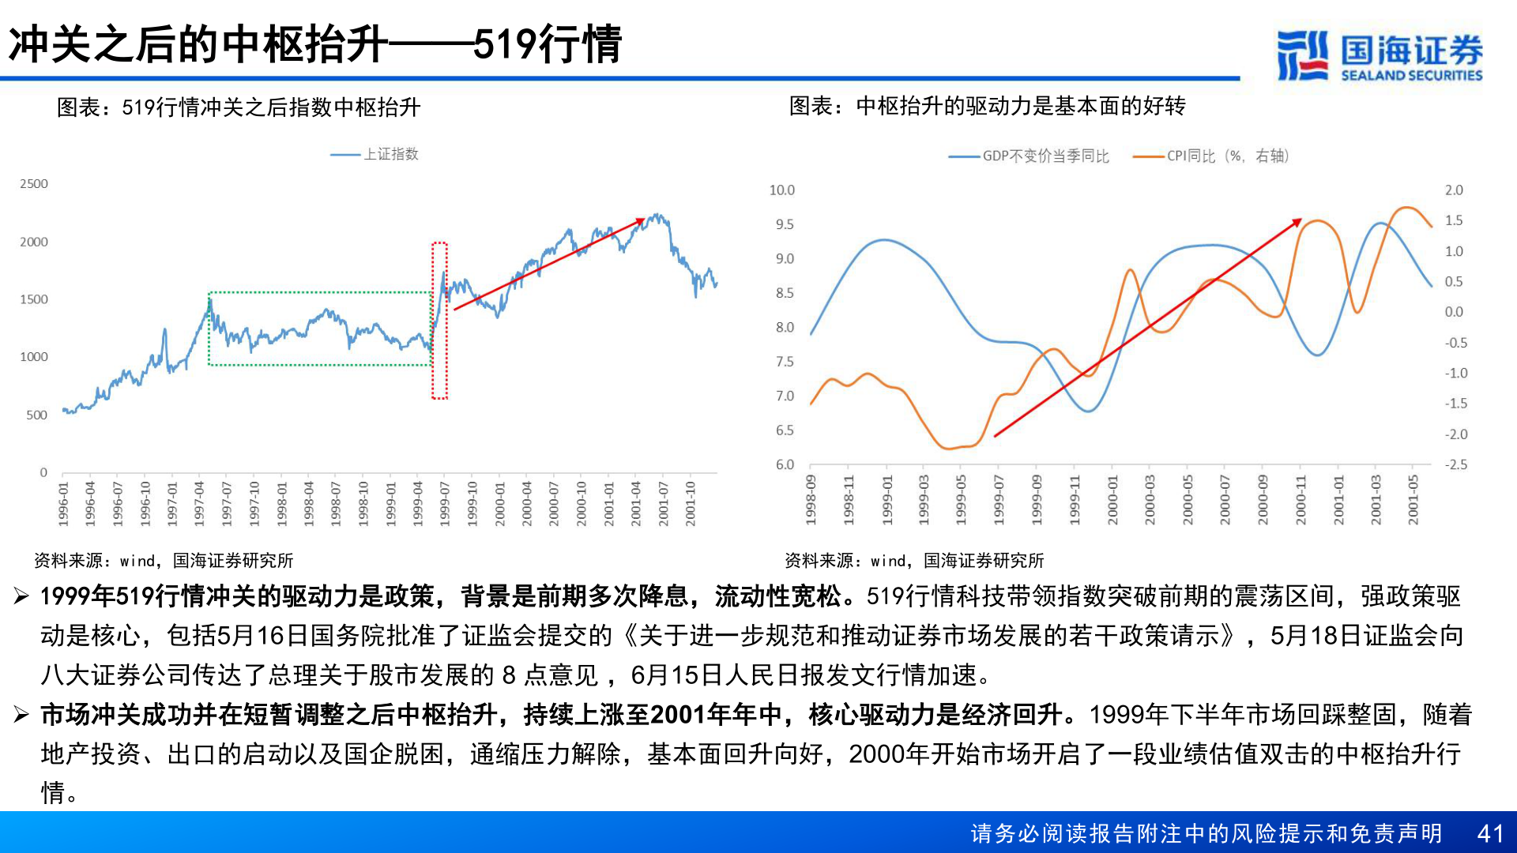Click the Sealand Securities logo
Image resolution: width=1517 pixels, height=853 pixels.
point(1380,55)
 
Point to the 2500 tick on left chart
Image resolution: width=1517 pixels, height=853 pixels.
point(34,184)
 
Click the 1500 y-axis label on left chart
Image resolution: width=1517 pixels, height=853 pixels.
point(34,299)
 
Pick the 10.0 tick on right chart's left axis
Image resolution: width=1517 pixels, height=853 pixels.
point(781,190)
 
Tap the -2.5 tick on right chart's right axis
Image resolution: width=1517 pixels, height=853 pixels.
point(1455,465)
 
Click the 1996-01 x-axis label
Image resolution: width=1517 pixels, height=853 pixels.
point(64,503)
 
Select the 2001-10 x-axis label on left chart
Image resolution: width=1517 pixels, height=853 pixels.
point(691,503)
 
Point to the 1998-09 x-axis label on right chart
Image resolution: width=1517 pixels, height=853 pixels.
point(811,499)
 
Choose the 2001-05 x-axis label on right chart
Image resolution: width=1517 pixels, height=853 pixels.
point(1413,499)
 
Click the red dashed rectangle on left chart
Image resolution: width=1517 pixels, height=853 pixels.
point(439,321)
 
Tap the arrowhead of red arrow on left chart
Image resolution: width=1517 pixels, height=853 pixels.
point(640,220)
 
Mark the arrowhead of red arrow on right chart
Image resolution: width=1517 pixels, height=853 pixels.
point(1297,222)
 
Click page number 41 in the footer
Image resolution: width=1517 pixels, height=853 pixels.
point(1490,833)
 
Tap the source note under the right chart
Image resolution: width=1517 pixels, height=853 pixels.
point(914,561)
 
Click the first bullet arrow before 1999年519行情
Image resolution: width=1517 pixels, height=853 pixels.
point(21,596)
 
